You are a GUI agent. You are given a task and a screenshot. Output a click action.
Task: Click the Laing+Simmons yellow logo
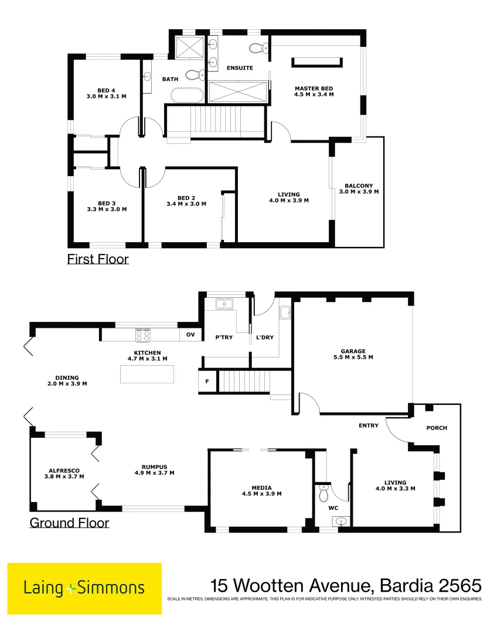[x=84, y=588]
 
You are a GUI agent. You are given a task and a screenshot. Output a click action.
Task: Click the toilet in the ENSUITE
[x=257, y=47]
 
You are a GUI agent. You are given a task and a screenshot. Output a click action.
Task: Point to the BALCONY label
[x=359, y=188]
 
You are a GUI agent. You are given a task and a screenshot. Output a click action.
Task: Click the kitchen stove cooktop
[x=144, y=334]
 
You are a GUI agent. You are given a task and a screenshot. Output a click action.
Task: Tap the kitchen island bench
[x=147, y=373]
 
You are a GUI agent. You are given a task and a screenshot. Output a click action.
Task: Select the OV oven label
[x=190, y=335]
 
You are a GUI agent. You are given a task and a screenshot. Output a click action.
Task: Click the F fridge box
[x=206, y=381]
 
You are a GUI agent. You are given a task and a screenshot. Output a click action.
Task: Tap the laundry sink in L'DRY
[x=285, y=314]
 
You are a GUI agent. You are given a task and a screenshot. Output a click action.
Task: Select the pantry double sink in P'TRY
[x=224, y=304]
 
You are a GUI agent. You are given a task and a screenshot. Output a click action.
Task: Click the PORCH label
[x=437, y=428]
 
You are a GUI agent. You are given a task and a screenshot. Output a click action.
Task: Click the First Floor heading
[x=98, y=259]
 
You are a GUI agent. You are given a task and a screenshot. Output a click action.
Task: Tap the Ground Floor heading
[x=69, y=522]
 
